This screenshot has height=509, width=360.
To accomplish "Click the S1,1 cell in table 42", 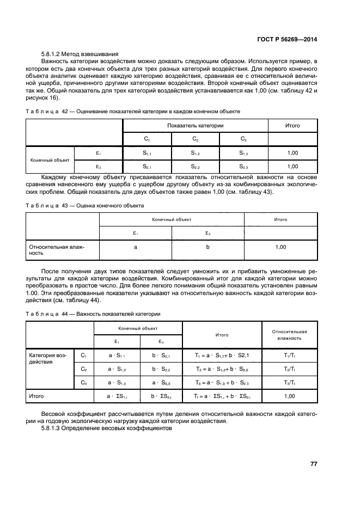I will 147,154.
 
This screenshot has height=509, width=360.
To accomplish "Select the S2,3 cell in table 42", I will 243,167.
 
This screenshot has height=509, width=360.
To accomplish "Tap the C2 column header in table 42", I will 195,139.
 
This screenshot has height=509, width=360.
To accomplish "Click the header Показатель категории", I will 195,125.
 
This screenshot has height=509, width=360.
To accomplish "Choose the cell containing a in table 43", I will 135,247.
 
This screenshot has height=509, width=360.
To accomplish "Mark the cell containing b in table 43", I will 208,247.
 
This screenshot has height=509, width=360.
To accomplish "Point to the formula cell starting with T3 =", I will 222,383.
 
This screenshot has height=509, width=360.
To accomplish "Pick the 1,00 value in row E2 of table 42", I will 292,167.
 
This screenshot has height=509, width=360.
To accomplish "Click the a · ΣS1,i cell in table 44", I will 117,397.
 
